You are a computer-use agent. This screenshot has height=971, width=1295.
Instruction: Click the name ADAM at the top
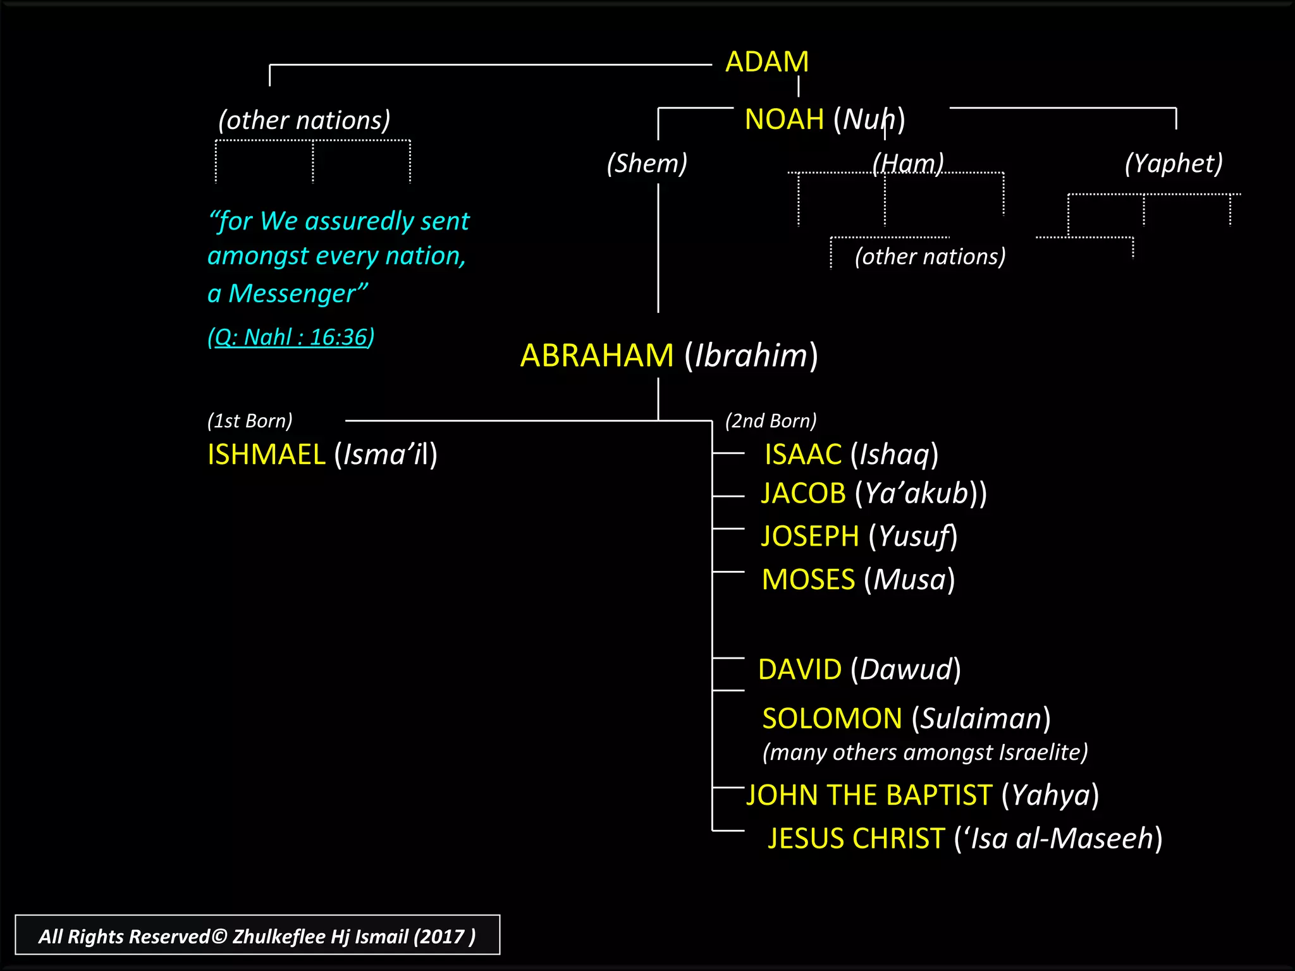(767, 62)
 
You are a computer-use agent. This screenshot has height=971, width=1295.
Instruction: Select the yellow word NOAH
(784, 119)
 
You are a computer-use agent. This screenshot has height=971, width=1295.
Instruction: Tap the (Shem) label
(647, 163)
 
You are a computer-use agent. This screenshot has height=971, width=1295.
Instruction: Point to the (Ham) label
(908, 163)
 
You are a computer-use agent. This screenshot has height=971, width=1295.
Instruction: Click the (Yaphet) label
(1174, 163)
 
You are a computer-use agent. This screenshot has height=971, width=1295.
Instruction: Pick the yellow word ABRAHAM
(597, 355)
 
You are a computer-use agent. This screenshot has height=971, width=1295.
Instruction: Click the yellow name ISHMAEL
(266, 455)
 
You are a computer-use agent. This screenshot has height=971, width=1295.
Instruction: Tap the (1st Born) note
(250, 421)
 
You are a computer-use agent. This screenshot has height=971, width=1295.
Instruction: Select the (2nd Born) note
(771, 421)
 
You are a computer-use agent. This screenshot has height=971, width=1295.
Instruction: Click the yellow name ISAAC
(803, 455)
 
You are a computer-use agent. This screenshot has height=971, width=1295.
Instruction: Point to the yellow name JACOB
(803, 494)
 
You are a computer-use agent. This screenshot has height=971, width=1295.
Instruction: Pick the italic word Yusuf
(914, 537)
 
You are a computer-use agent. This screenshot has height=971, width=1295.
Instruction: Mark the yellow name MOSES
(808, 580)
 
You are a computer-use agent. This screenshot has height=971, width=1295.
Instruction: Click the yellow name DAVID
(800, 669)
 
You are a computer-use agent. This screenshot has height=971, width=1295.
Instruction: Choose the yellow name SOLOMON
(832, 719)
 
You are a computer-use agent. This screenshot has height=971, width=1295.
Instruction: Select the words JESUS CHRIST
(856, 839)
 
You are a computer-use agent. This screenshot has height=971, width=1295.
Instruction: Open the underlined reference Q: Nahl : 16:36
(291, 337)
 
